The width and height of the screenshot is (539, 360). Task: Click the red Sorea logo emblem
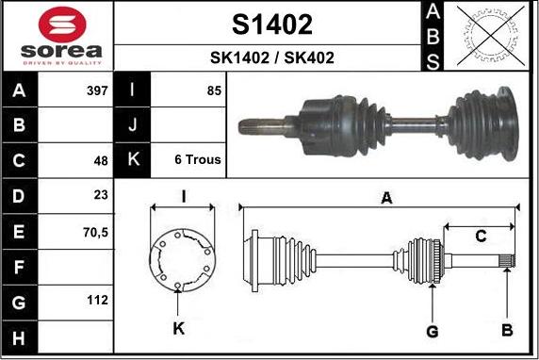pyautogui.click(x=62, y=25)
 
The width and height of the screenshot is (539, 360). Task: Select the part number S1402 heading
pyautogui.click(x=272, y=25)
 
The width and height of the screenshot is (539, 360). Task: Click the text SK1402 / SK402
pyautogui.click(x=272, y=57)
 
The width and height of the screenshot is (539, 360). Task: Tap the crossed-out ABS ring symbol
pyautogui.click(x=491, y=36)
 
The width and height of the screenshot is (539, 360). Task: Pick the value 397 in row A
pyautogui.click(x=97, y=90)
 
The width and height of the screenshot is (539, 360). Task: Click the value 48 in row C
pyautogui.click(x=101, y=160)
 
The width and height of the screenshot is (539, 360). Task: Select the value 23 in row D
pyautogui.click(x=101, y=195)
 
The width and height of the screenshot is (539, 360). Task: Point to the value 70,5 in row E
pyautogui.click(x=95, y=233)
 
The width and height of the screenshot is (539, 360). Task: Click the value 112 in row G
pyautogui.click(x=97, y=301)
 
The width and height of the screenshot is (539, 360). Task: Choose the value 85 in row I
pyautogui.click(x=214, y=90)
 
